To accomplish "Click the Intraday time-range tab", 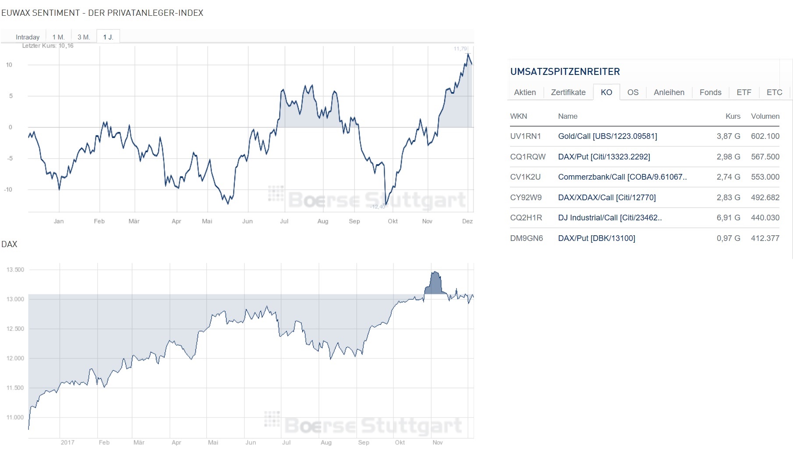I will (x=28, y=37).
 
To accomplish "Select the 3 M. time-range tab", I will (x=84, y=37).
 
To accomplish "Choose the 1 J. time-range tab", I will (x=108, y=37).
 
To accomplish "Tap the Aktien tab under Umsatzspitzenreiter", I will (x=525, y=92).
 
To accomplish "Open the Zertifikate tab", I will (x=568, y=92).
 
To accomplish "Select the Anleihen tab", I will (x=669, y=92).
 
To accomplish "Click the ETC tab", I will (x=774, y=92).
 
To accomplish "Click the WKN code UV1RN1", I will (x=525, y=136).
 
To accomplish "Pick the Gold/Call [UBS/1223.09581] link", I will (x=607, y=136).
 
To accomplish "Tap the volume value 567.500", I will (x=765, y=157).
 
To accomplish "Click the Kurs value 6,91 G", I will (x=728, y=218).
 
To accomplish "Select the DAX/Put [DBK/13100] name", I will (x=596, y=238).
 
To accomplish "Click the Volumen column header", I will (x=765, y=116).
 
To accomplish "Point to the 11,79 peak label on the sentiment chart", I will (x=460, y=49).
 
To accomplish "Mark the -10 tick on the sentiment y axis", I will (x=8, y=190).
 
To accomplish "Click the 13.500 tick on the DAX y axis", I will (x=15, y=270).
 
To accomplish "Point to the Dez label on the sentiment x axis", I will (x=467, y=221).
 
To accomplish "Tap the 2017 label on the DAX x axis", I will (x=67, y=442).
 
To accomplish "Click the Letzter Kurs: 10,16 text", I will (x=48, y=46).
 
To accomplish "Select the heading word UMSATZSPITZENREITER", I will (x=565, y=72).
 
